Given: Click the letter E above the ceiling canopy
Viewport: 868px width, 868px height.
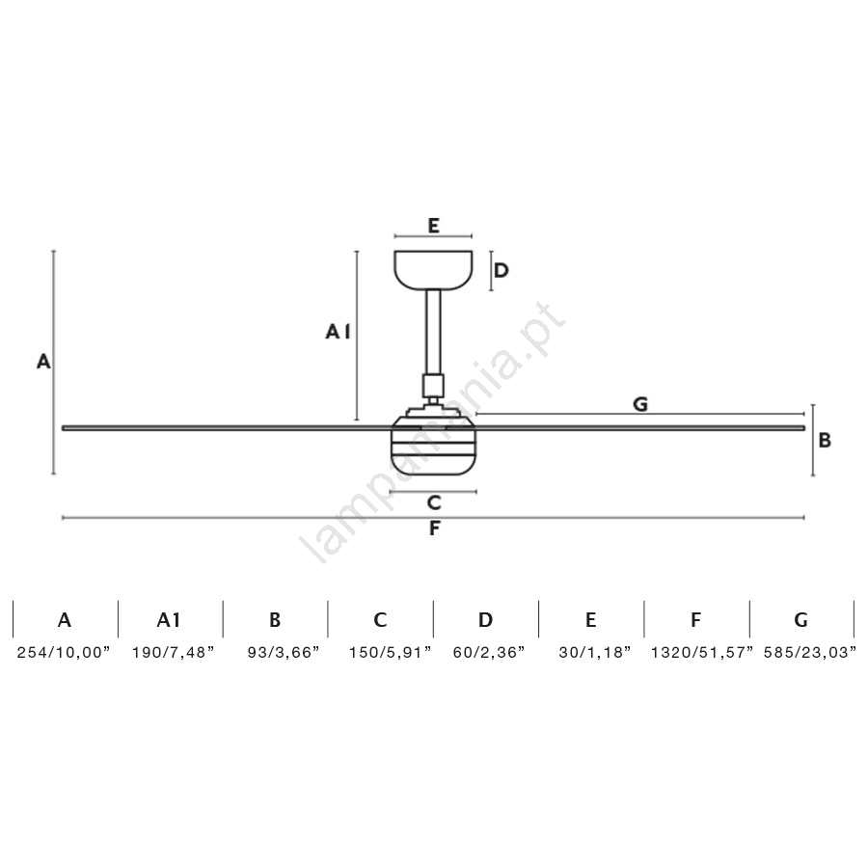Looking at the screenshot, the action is coord(433,226).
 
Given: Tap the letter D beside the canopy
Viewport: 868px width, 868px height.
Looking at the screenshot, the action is coord(501,270).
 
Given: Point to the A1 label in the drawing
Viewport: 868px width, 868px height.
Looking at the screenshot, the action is coord(338,332).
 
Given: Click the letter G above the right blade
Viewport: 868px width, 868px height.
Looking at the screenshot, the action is coord(640,404).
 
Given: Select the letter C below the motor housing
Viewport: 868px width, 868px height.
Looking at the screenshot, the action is coord(434,502).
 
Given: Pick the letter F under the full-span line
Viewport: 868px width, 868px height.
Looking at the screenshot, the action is coord(435,529).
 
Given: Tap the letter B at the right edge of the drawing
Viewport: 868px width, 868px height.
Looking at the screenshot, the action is coord(825,440).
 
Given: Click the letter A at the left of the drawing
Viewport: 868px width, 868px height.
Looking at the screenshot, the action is coord(43,362).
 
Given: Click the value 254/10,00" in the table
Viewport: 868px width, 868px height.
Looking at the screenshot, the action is coord(64,652).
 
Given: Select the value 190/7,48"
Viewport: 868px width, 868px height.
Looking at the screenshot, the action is coord(173,652).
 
